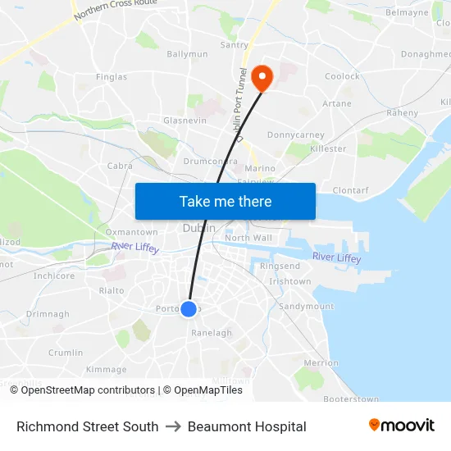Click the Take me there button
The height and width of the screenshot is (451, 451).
pos(225,201)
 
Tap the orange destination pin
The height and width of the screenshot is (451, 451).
pos(262,78)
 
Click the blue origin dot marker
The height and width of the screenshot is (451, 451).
pos(189,309)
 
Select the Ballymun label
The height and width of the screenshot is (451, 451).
pos(187,54)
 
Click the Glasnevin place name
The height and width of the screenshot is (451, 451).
pos(184,120)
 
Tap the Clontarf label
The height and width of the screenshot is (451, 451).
pos(350,190)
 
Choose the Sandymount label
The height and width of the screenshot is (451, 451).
pos(307,306)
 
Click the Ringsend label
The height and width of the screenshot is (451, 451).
pos(280,266)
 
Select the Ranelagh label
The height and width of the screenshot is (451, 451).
pos(212,333)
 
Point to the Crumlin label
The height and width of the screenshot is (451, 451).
pos(66,353)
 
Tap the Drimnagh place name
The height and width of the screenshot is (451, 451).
pos(48,314)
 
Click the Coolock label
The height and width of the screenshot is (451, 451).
pos(342,76)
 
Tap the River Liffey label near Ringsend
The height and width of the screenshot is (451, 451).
pos(336,258)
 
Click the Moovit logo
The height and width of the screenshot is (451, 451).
pos(402,426)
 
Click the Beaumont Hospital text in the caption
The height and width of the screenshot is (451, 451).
pos(247,426)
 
